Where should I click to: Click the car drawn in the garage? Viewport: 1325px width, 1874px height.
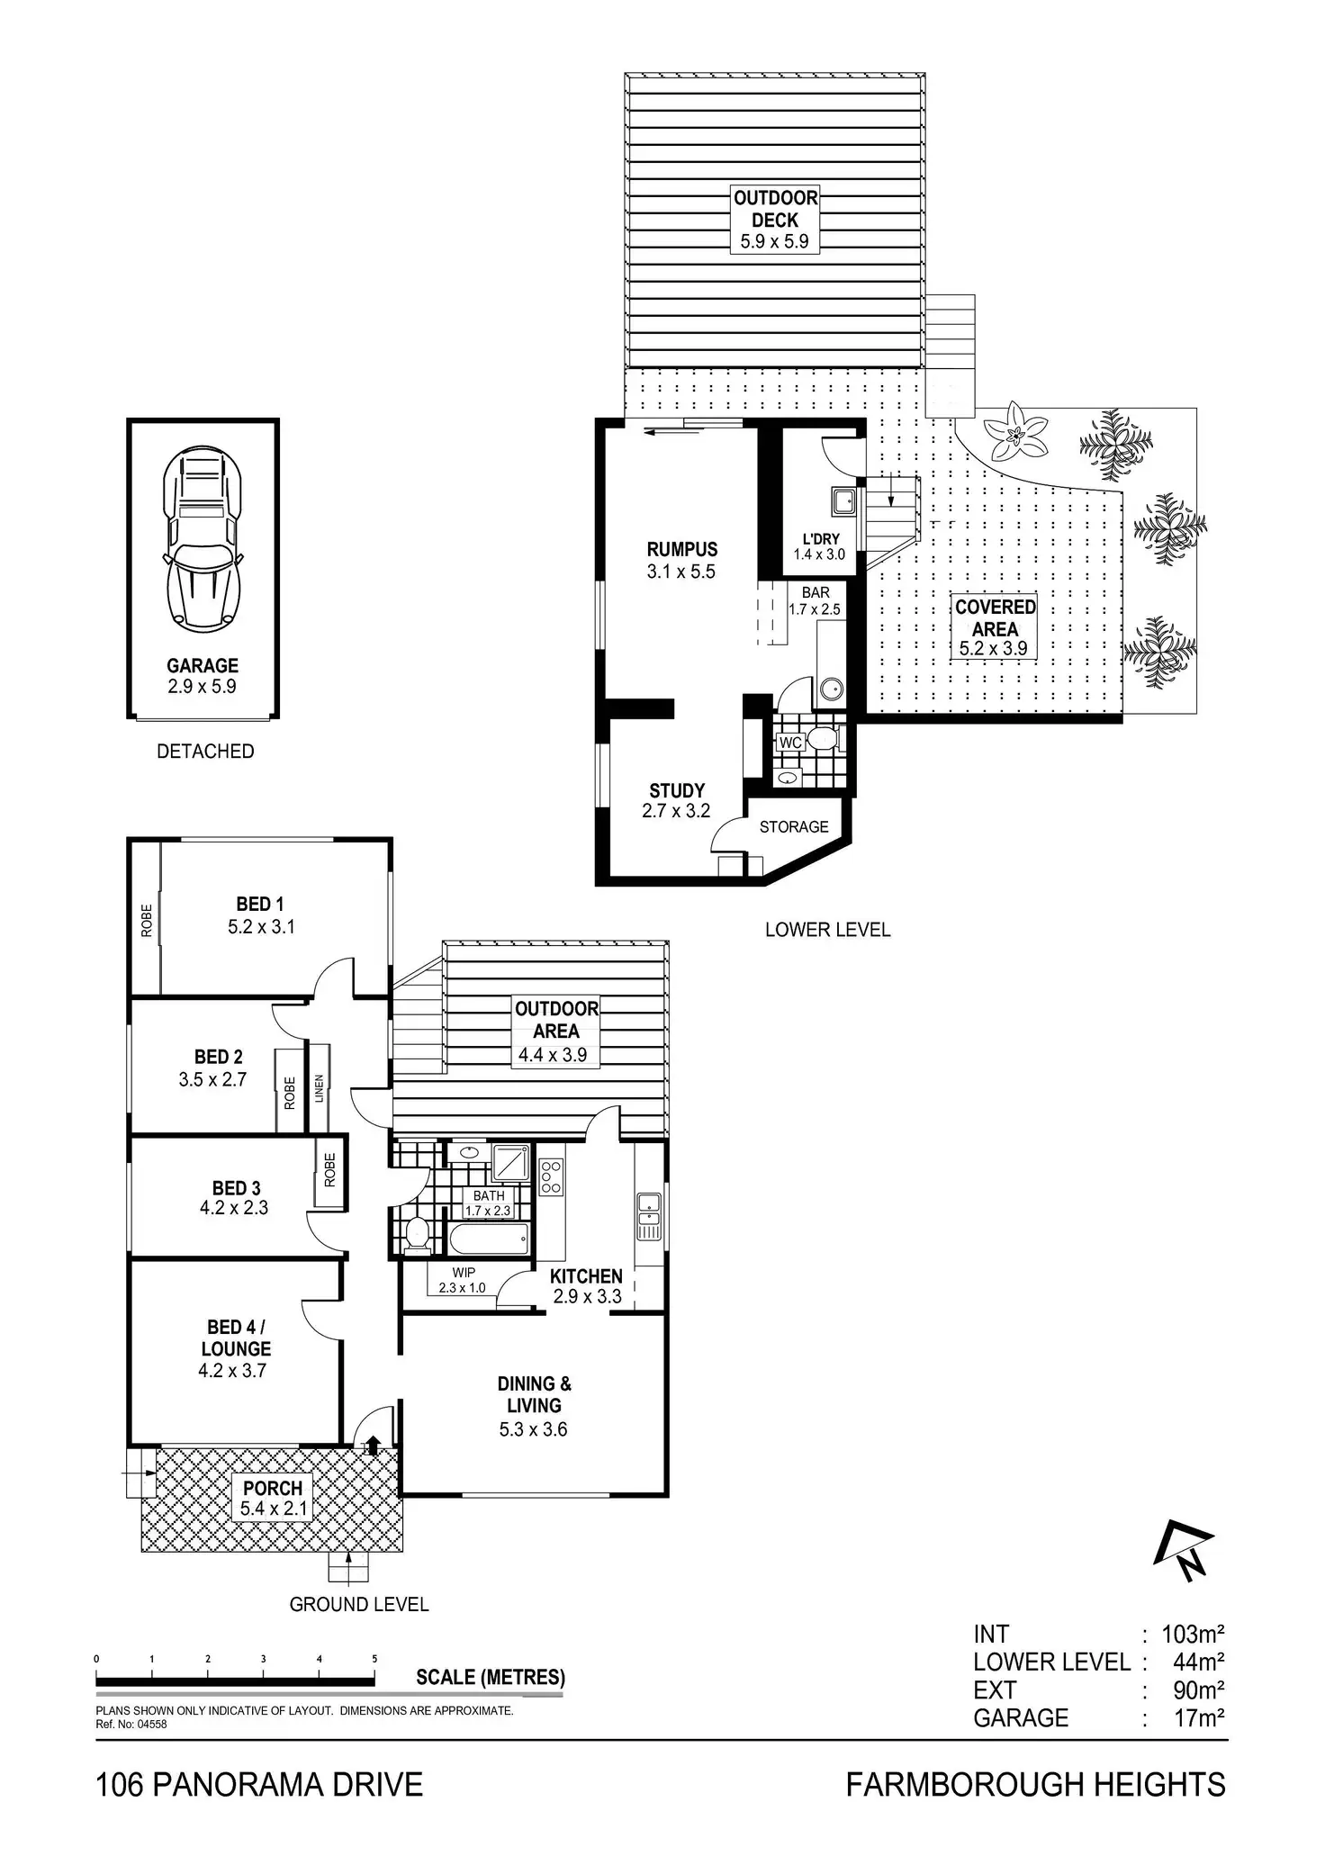203,537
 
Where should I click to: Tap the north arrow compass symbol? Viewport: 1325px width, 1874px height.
1184,1550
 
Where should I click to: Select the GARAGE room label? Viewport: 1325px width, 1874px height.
203,666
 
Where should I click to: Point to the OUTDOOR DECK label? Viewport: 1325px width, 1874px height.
775,209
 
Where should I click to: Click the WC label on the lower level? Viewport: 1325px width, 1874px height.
790,743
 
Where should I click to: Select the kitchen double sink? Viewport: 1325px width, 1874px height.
648,1214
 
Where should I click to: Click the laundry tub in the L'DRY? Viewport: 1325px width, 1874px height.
843,500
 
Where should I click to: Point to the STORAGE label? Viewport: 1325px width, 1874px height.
794,826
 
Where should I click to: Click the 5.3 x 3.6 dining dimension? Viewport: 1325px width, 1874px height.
533,1429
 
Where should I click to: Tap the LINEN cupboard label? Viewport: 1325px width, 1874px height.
320,1089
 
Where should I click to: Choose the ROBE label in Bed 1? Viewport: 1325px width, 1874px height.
147,921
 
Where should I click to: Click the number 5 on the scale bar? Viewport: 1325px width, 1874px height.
374,1659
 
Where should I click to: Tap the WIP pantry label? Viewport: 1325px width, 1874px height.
464,1273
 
